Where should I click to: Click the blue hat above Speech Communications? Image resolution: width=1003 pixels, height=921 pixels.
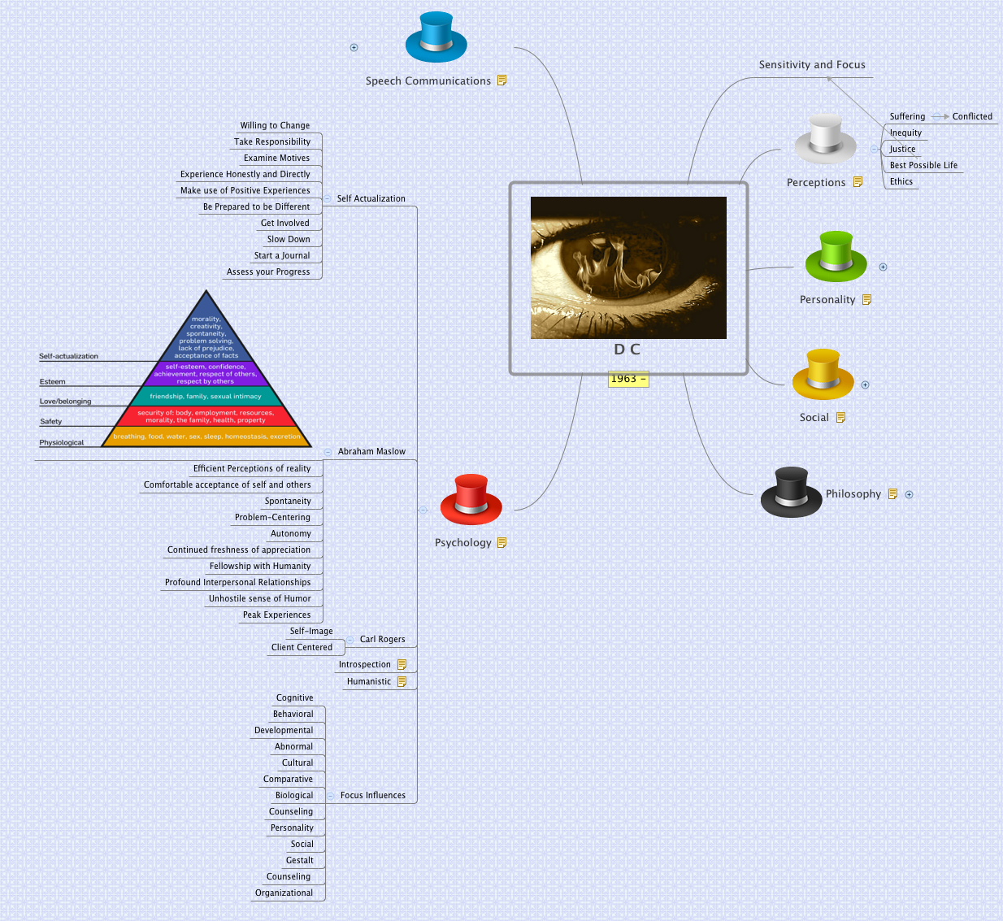(x=436, y=37)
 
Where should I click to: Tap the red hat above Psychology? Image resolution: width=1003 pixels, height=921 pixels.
(x=471, y=499)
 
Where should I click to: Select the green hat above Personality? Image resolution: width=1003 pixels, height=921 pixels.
(x=836, y=256)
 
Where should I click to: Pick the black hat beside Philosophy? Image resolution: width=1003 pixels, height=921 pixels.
(x=791, y=493)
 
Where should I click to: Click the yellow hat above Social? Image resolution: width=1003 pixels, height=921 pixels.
(x=823, y=374)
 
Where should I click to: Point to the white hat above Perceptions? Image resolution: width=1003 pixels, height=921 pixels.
(x=826, y=139)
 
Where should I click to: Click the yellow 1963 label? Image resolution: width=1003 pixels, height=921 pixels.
(x=628, y=379)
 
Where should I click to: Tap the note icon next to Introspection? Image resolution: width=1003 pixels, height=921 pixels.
(x=402, y=664)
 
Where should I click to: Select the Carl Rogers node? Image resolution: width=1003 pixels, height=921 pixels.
(x=383, y=640)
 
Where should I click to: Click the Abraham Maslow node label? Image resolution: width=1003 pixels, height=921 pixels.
(x=371, y=451)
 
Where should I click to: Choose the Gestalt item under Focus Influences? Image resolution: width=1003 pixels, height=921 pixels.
(x=299, y=861)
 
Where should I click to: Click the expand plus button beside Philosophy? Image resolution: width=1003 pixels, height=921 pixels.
(x=909, y=494)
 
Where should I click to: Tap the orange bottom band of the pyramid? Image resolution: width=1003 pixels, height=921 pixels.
(x=206, y=437)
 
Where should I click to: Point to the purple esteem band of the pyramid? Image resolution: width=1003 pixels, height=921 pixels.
(x=206, y=374)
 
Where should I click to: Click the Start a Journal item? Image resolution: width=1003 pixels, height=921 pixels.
(x=282, y=255)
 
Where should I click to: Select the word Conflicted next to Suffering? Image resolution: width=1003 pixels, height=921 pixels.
(x=972, y=116)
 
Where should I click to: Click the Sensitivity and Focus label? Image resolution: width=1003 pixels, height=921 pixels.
(x=812, y=64)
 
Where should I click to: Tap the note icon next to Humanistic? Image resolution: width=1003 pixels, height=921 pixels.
(x=402, y=681)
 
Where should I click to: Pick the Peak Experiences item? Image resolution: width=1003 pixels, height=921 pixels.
(x=276, y=615)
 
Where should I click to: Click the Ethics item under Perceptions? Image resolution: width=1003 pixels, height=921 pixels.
(x=901, y=181)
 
